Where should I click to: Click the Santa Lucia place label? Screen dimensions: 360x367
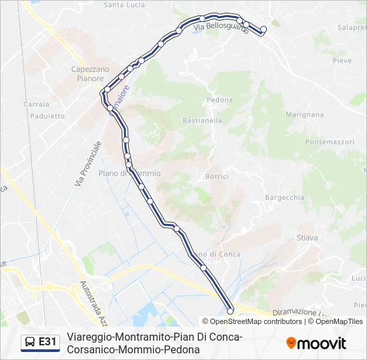tap(124, 5)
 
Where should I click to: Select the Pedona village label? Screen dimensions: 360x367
tap(220, 100)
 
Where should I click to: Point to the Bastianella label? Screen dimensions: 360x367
tap(202, 121)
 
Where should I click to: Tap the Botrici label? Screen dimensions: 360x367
tap(217, 176)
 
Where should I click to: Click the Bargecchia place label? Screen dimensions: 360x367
tap(284, 197)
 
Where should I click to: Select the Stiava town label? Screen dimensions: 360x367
tap(307, 237)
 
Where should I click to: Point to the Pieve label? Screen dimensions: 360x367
tap(342, 61)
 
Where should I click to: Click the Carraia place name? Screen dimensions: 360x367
tap(36, 104)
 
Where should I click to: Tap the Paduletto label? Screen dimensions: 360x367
tap(47, 116)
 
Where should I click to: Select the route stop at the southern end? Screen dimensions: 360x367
tap(230, 311)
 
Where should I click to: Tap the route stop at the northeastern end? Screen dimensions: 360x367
tap(263, 29)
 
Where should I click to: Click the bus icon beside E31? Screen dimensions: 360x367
tap(30, 342)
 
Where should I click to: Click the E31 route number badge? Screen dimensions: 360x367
tap(47, 342)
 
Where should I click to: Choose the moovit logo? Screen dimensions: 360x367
tap(316, 343)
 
